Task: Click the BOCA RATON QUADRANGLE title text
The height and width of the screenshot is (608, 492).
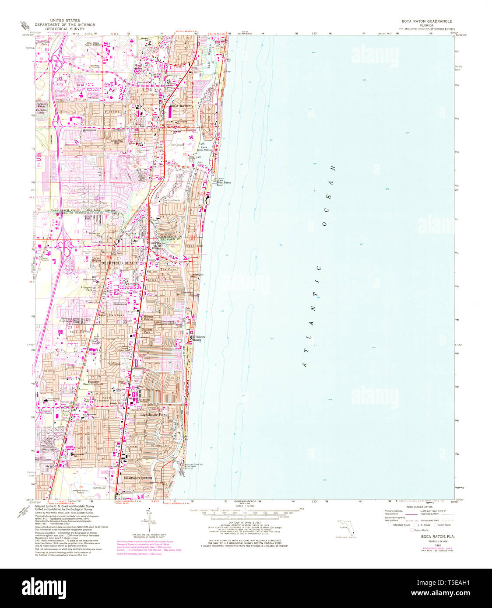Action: point(421,21)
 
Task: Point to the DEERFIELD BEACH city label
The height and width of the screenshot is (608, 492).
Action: point(119,263)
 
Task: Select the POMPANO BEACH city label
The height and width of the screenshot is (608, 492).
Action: point(137,478)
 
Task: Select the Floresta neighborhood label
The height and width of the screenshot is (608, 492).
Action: point(112,112)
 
